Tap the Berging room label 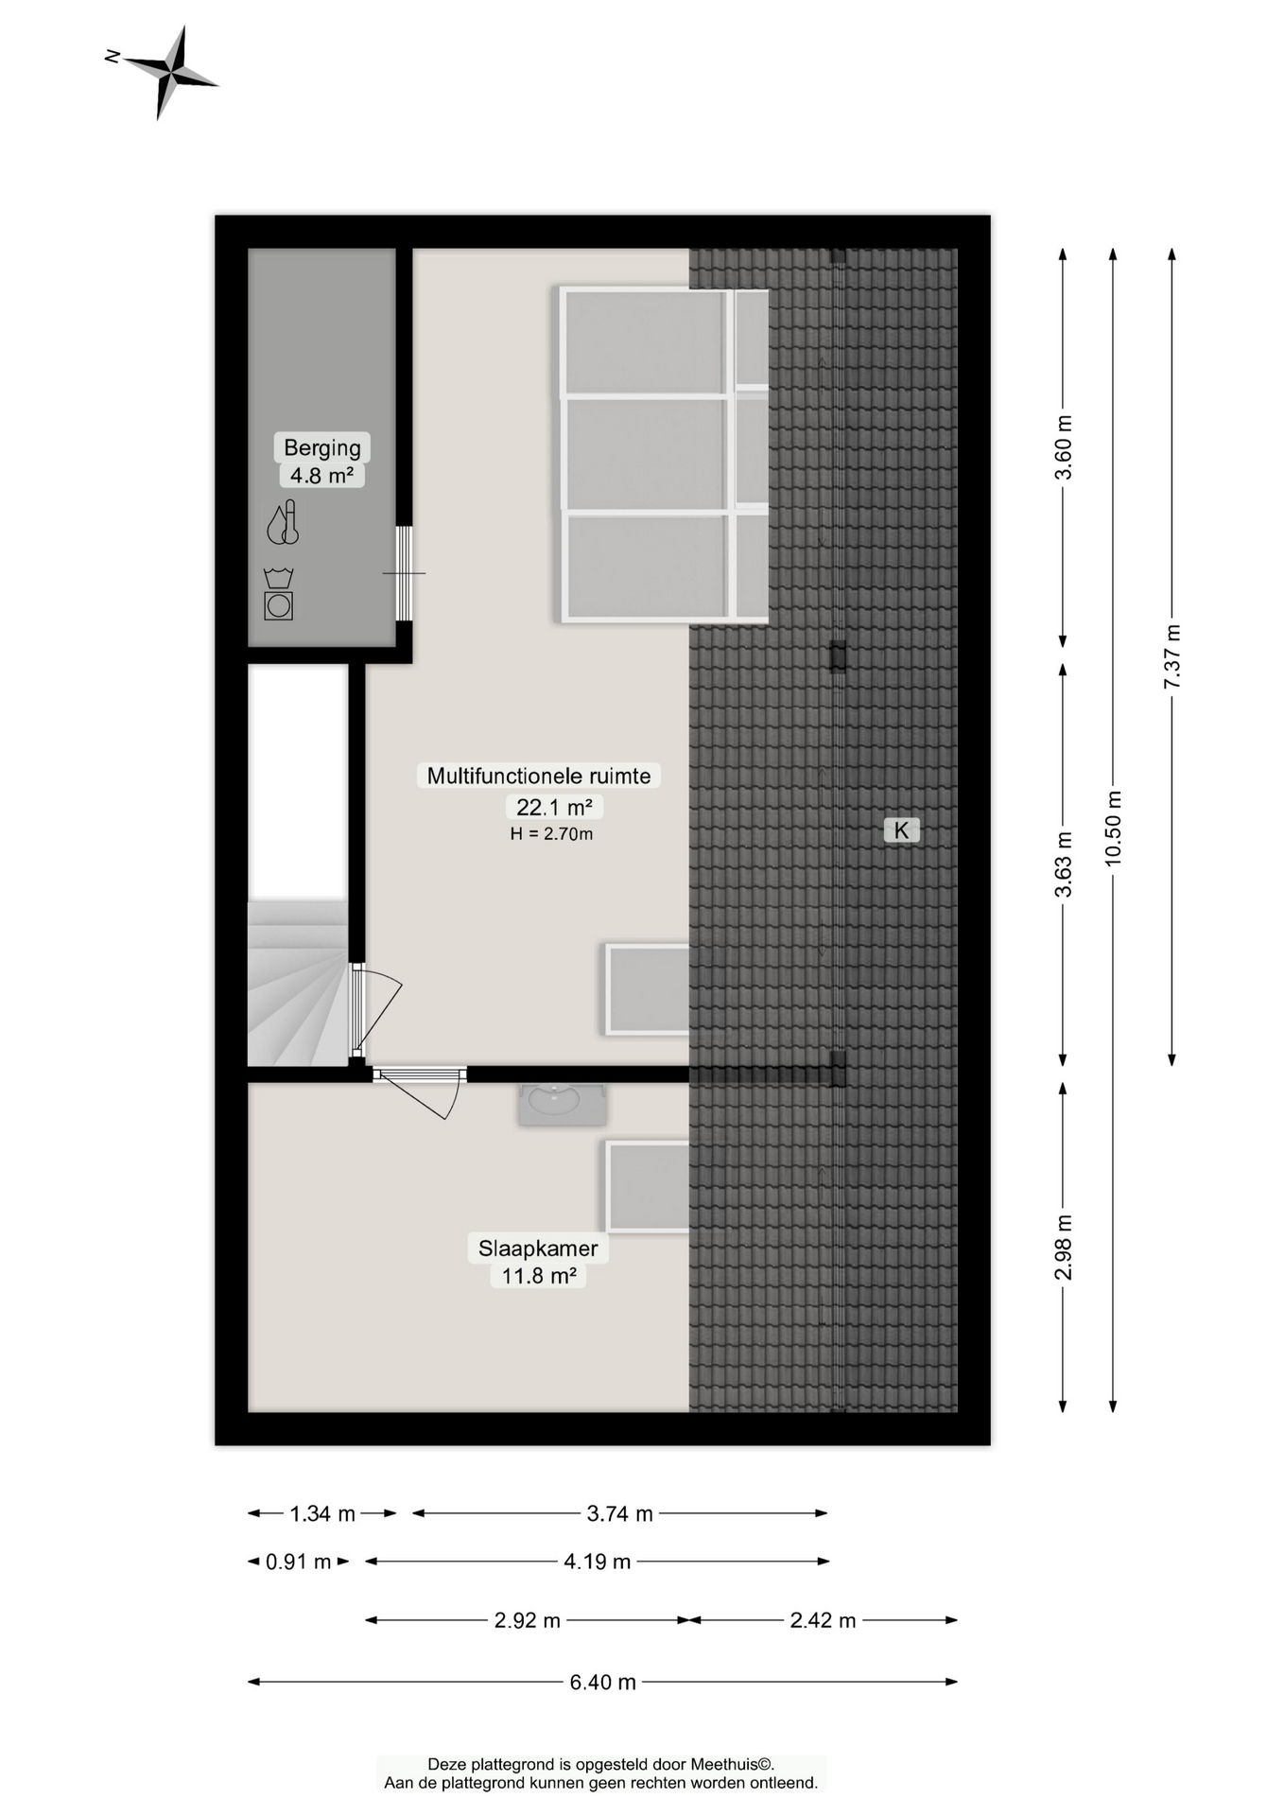322,447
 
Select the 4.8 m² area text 321,475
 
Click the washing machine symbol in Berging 278,594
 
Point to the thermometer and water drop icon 283,522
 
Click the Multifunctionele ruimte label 539,776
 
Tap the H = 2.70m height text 551,833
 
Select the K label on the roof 901,829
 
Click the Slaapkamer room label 538,1248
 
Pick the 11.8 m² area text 539,1275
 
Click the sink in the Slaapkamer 563,1104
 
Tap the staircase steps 297,983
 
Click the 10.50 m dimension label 1113,828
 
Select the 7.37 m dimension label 1171,655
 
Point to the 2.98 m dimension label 1064,1247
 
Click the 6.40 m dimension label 602,1682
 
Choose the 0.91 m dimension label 298,1562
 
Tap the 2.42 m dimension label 823,1620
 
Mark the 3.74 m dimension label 619,1513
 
